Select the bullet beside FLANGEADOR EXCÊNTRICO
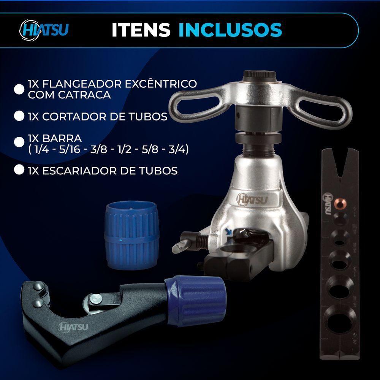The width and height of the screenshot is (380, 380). tap(19, 89)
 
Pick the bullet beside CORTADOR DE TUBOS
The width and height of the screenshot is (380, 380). tap(19, 116)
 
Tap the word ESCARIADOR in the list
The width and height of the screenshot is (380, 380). tap(81, 171)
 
